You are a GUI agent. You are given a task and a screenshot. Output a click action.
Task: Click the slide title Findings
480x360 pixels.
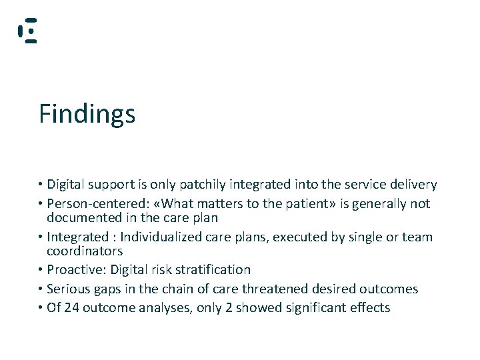coord(87,114)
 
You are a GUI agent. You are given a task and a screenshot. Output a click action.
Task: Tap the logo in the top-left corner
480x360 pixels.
coord(27,31)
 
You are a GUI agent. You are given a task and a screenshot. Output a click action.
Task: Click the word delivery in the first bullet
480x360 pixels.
coord(411,185)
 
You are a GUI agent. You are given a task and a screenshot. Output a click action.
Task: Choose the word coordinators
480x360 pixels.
coord(85,251)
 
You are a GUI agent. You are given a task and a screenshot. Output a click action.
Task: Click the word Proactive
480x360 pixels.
coord(76,270)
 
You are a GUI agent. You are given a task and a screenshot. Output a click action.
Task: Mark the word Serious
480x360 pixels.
coord(69,289)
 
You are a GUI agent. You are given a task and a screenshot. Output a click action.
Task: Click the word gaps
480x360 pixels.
coord(110,290)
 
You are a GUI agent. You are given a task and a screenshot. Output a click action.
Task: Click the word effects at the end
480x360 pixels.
coord(369,308)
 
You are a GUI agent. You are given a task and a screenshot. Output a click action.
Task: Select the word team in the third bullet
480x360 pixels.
coord(417,237)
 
